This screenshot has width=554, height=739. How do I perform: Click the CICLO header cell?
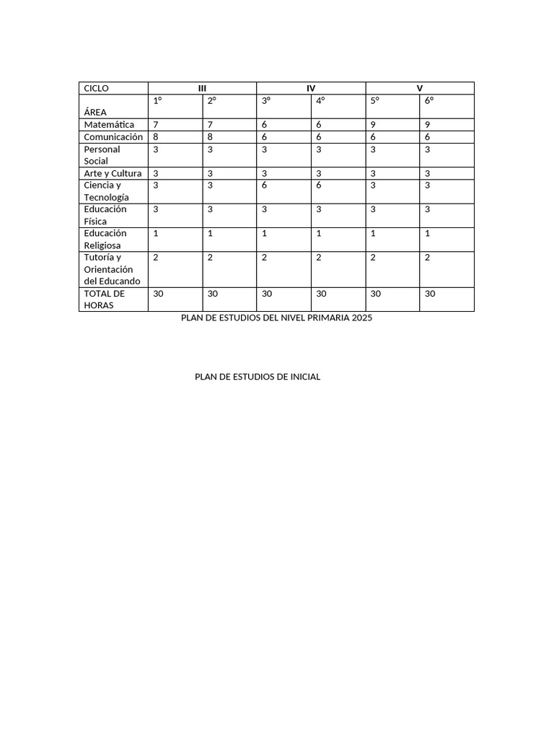[x=97, y=88]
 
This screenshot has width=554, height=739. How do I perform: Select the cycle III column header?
[x=202, y=88]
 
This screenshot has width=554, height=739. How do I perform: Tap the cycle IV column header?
[x=311, y=88]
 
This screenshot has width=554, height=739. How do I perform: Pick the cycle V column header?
[x=420, y=88]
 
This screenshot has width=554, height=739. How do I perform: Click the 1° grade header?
[x=157, y=101]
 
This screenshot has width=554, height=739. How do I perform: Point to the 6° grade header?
[x=429, y=101]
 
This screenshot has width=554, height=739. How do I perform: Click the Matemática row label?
[x=109, y=125]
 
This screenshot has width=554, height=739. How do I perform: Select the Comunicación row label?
[x=113, y=137]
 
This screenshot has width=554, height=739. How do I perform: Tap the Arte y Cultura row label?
[x=113, y=173]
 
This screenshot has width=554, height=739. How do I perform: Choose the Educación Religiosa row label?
[x=105, y=239]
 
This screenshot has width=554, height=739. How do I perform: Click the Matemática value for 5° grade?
[x=373, y=125]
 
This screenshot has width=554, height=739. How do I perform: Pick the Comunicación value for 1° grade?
[x=156, y=137]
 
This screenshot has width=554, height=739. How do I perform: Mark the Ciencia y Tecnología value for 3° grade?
[x=265, y=185]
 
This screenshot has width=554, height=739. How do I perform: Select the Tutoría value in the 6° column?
[x=428, y=258]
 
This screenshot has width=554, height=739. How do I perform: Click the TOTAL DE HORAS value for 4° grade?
[x=321, y=294]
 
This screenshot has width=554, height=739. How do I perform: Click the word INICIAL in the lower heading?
[x=304, y=377]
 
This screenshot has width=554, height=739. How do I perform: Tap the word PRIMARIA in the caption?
[x=330, y=318]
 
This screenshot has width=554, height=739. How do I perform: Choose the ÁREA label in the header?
[x=95, y=113]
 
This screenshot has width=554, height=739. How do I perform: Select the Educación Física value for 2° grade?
[x=210, y=209]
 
